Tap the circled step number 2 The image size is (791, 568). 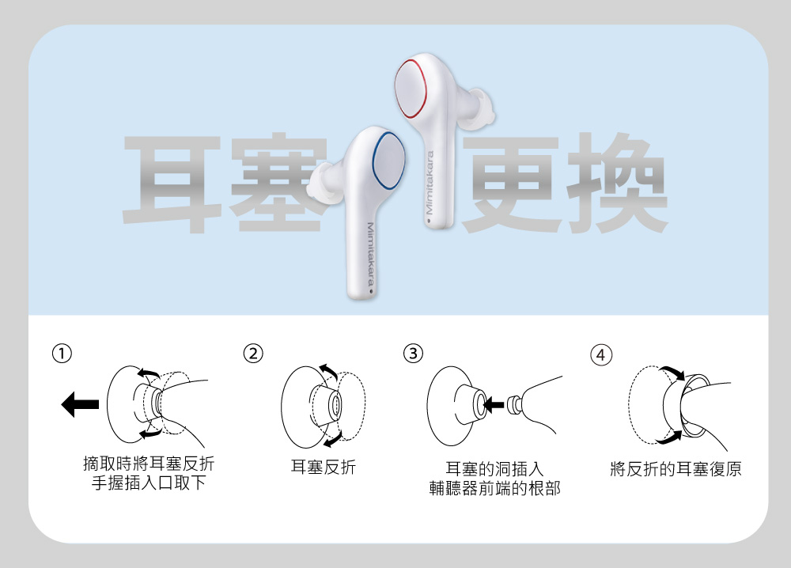252,353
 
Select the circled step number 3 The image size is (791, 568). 413,353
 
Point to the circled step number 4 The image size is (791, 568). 601,354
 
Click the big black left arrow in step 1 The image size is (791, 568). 78,405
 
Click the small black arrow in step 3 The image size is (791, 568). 494,406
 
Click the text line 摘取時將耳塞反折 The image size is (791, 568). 148,463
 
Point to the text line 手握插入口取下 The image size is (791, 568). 148,483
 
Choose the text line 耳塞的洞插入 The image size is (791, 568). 494,468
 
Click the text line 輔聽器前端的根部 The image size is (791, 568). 494,488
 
